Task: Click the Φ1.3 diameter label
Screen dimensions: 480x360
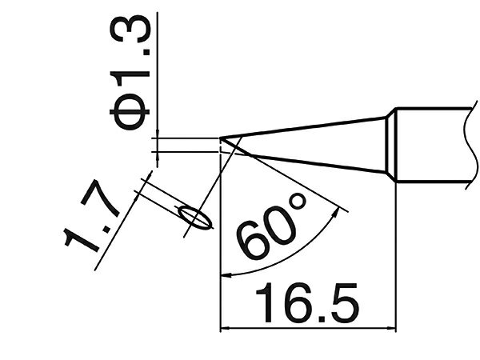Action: click(x=130, y=73)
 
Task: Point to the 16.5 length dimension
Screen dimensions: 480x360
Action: click(x=306, y=302)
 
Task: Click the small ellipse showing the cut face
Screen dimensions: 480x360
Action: click(x=196, y=218)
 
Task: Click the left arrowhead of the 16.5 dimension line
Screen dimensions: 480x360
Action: click(x=225, y=329)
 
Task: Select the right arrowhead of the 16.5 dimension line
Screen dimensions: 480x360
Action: click(x=391, y=329)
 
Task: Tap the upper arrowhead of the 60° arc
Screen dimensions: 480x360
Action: click(x=336, y=212)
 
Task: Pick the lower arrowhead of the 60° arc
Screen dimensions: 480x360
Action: click(x=226, y=276)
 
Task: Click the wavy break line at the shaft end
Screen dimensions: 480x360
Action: click(x=471, y=144)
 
